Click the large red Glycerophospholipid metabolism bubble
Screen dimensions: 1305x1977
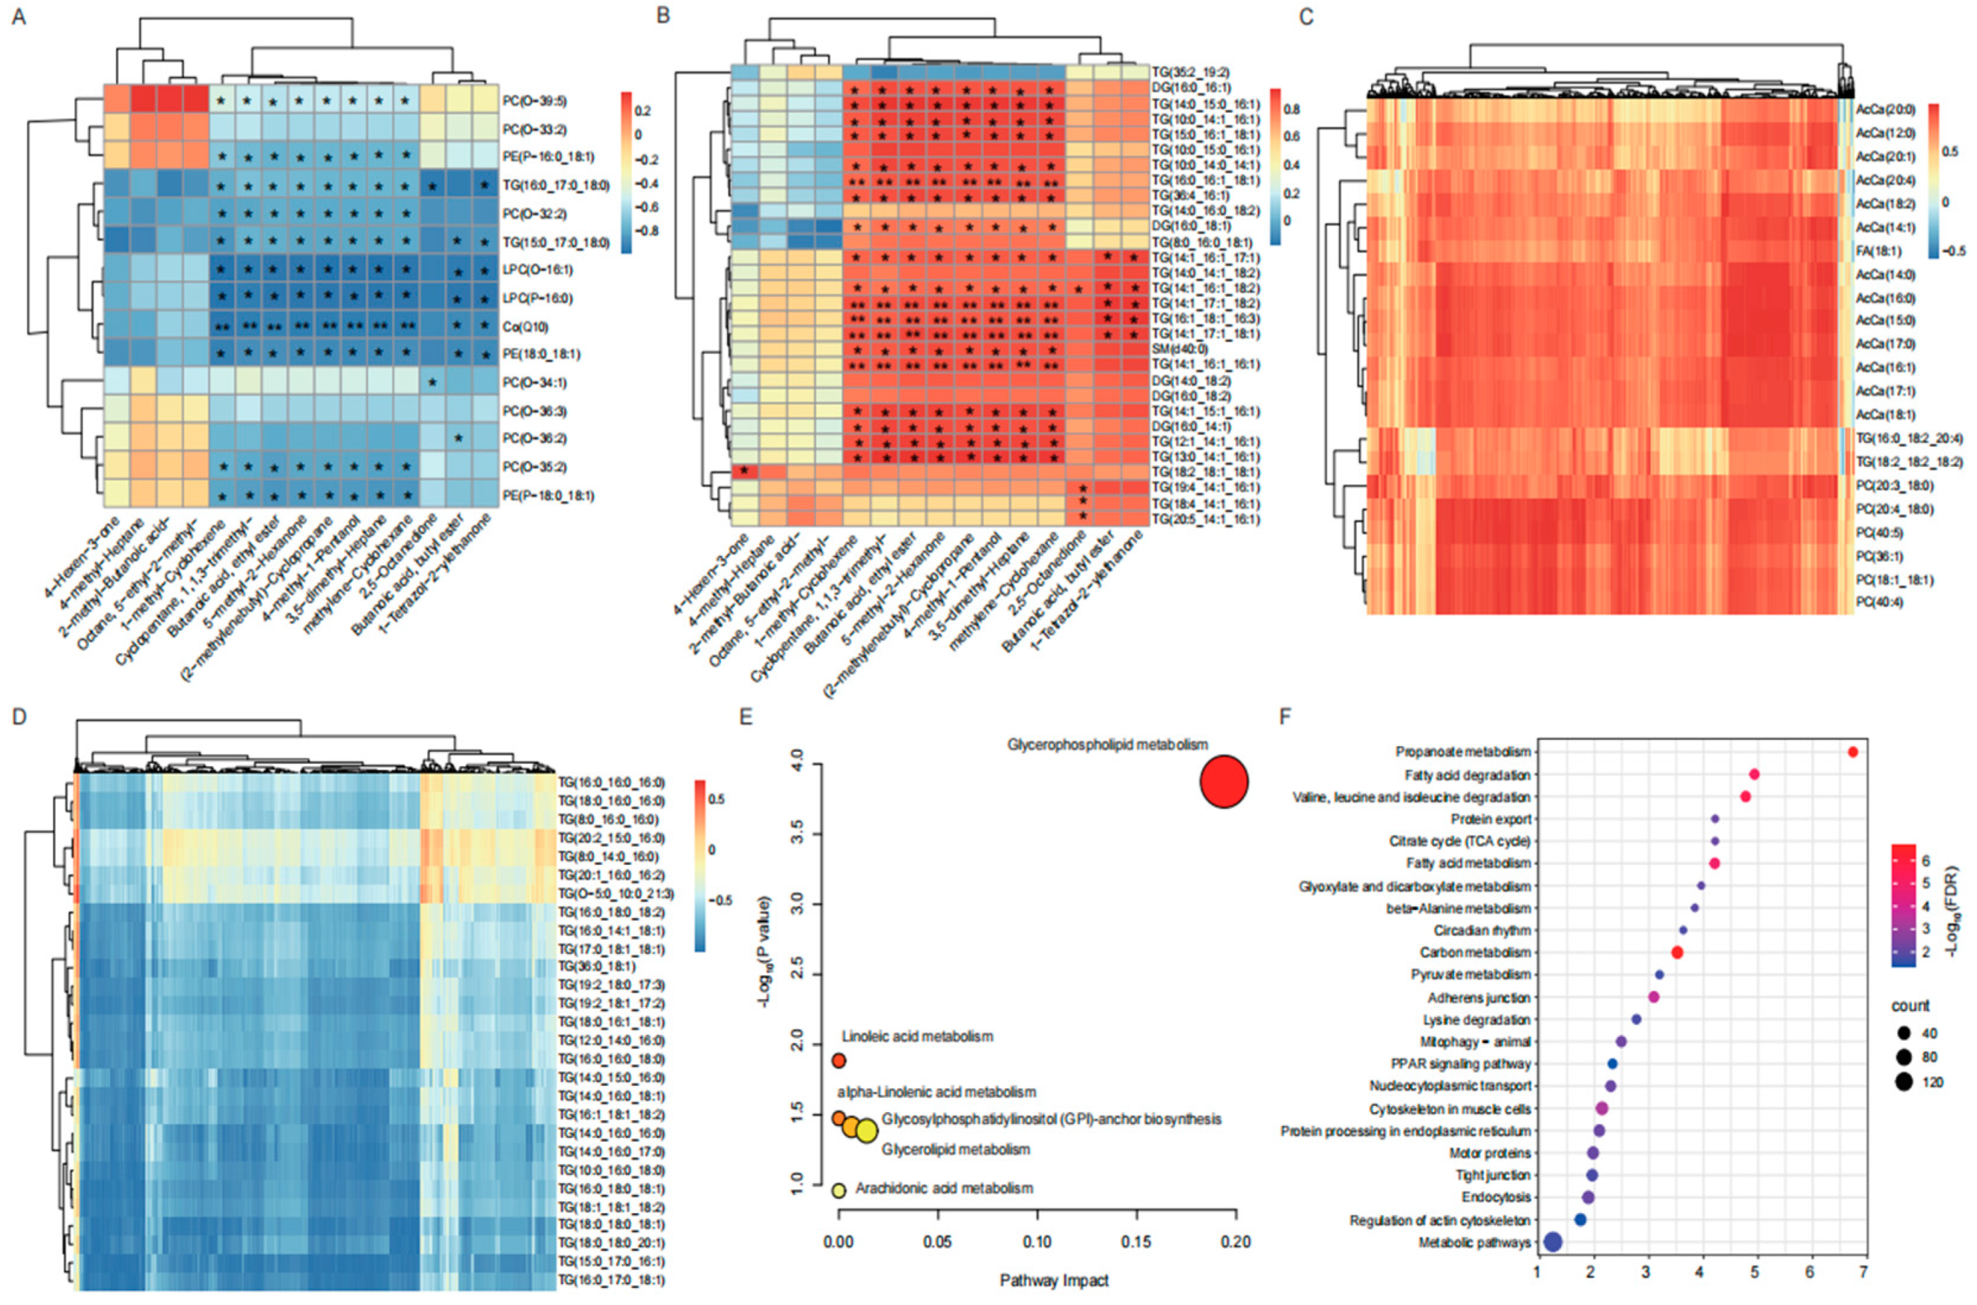1223,781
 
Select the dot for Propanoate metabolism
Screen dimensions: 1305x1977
1852,751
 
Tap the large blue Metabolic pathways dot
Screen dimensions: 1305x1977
1552,1242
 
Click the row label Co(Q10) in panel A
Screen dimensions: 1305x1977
525,327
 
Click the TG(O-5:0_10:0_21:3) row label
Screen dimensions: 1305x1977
615,894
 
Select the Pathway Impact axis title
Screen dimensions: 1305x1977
1054,1280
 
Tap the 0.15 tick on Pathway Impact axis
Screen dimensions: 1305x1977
1136,1242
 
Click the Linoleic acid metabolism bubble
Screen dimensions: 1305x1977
839,1060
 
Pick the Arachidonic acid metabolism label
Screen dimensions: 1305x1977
944,1188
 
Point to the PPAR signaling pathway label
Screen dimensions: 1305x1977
1460,1064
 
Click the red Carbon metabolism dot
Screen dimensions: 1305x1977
1677,952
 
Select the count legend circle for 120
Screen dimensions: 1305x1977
1903,1082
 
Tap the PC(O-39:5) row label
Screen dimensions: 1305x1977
535,101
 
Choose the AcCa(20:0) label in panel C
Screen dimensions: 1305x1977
1886,109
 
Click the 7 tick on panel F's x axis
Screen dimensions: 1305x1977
1863,1272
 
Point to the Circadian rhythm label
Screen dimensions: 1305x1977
1482,930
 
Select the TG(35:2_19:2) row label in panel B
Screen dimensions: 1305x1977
1191,73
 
